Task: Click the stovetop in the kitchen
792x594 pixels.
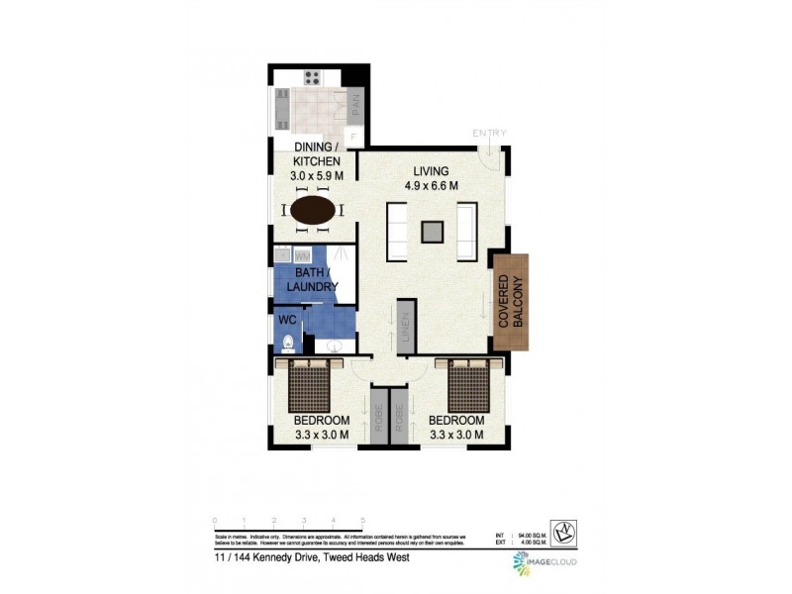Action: coord(313,76)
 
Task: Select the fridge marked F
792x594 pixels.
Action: coord(351,136)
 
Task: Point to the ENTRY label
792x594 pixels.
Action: coord(489,133)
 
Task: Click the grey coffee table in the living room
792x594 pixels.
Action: coord(432,232)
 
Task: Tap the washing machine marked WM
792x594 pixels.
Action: coord(302,256)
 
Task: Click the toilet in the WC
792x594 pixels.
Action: coord(287,343)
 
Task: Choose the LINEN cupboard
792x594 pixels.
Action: coord(406,326)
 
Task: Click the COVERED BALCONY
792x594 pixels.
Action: coord(511,301)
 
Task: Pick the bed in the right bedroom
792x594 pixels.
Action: coord(469,385)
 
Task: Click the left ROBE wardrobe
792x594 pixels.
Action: coord(377,416)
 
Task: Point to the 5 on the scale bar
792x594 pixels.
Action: coord(363,520)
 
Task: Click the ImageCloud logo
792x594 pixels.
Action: coord(544,562)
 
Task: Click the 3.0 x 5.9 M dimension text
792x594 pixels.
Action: coord(317,175)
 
